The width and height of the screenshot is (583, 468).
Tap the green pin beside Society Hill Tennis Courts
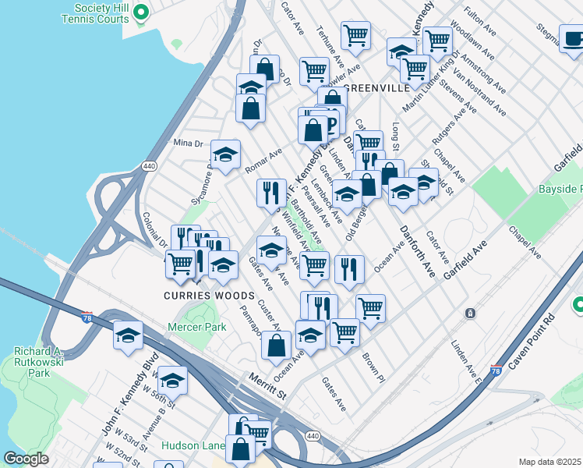coord(141,12)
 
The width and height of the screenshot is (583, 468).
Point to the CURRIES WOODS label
coord(209,296)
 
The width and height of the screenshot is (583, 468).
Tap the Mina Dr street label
coord(188,144)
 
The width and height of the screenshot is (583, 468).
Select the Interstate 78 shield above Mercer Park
coord(87,317)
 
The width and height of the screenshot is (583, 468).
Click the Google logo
coord(26,459)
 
